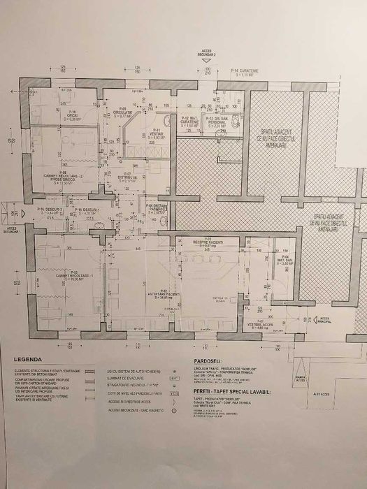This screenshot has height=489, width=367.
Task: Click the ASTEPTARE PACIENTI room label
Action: coord(164,294)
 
